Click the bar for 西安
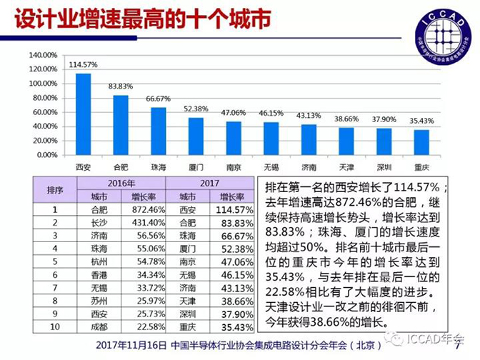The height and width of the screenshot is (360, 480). click(x=83, y=114)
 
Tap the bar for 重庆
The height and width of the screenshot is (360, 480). click(x=421, y=142)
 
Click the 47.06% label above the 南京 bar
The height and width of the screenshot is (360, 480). click(x=233, y=113)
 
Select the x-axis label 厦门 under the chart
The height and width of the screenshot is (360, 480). click(x=196, y=167)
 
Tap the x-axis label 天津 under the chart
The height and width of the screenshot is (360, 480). click(x=346, y=167)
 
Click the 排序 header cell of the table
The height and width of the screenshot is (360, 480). click(x=55, y=189)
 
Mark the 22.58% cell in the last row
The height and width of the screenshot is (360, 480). click(x=149, y=327)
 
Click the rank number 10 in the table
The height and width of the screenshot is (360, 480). click(x=55, y=327)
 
